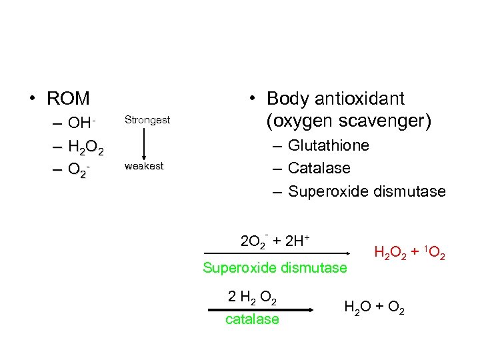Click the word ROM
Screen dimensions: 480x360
[x=68, y=99]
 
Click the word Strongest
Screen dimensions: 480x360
[x=147, y=120]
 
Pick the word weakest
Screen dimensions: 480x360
[x=144, y=166]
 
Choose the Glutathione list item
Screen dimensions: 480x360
[x=329, y=145]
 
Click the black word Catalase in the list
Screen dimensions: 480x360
[x=319, y=168]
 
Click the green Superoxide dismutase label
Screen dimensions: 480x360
[x=275, y=268]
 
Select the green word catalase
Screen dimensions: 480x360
[x=252, y=319]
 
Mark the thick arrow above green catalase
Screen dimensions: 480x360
[x=261, y=309]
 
